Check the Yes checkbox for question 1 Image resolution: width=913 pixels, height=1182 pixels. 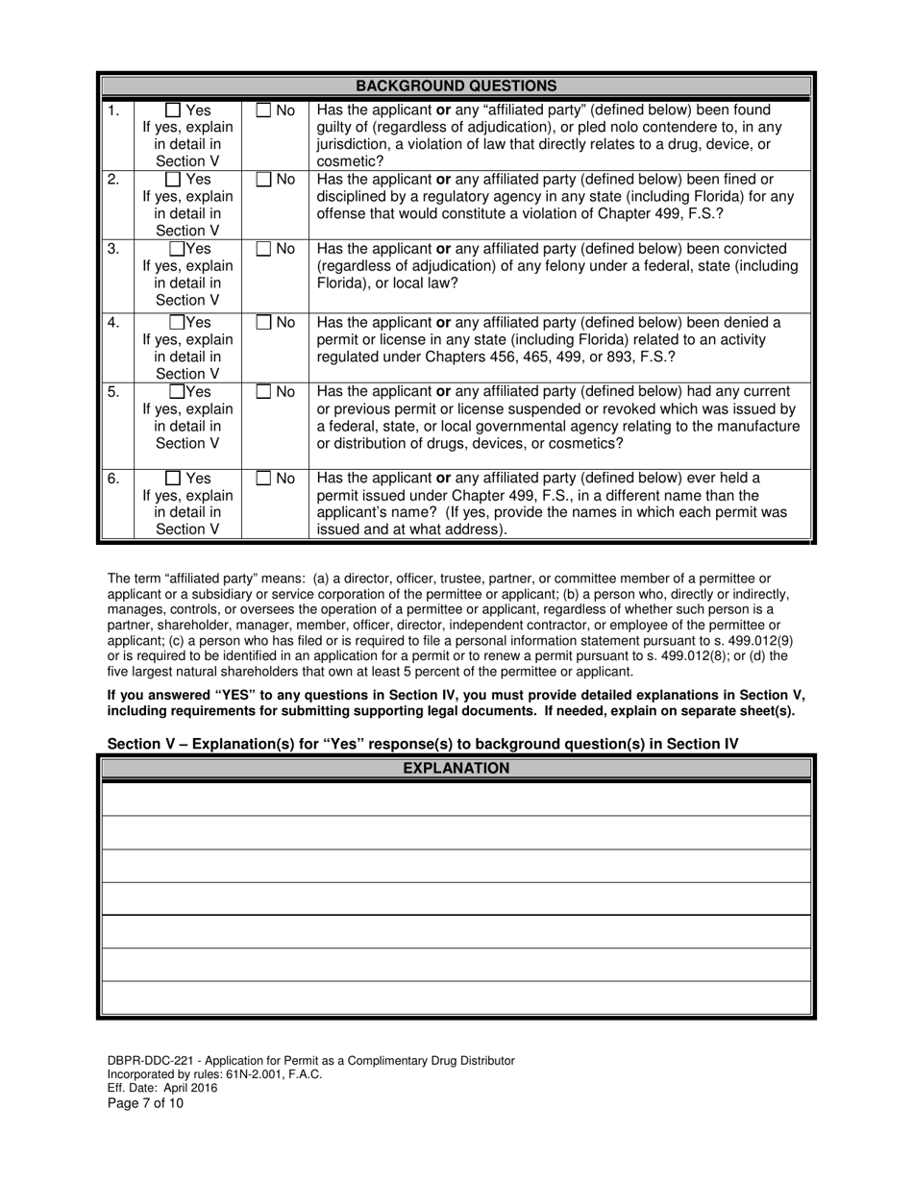click(173, 111)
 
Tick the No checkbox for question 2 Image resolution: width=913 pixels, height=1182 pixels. click(264, 180)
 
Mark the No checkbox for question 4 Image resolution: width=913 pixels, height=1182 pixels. click(264, 322)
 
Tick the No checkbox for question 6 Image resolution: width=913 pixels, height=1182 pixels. click(264, 479)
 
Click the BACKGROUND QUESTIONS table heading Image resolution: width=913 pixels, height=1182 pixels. click(456, 86)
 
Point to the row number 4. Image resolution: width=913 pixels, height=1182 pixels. click(113, 322)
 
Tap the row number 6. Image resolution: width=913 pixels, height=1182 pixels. click(113, 479)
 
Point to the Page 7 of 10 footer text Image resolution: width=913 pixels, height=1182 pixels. click(145, 1103)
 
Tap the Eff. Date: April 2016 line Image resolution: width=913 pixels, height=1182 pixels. click(162, 1089)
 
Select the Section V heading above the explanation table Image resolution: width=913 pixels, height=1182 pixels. click(423, 743)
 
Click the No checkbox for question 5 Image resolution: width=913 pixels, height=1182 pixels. click(264, 391)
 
